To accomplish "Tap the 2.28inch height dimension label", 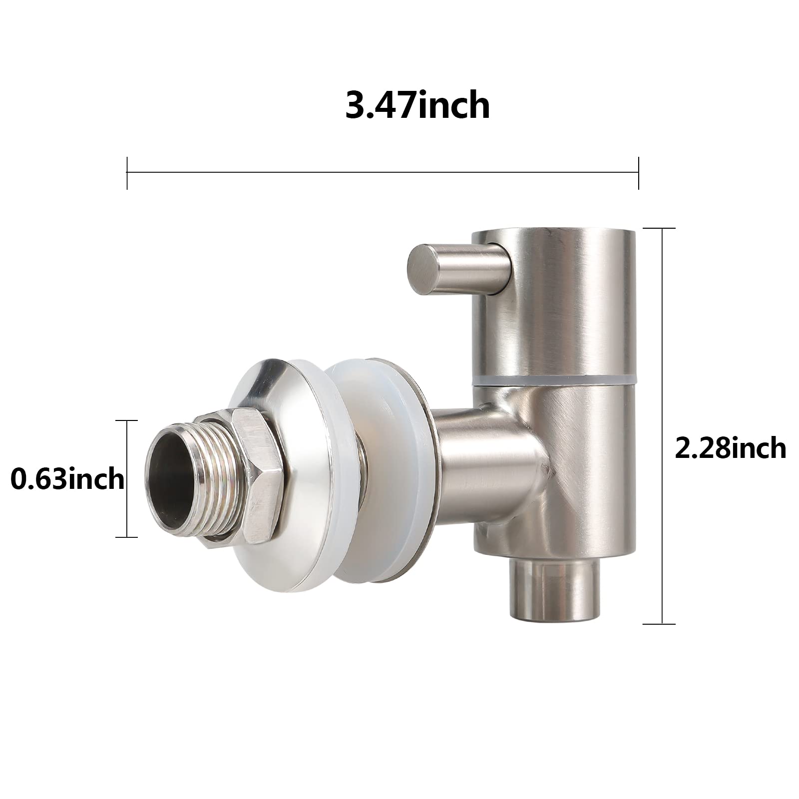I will click(730, 448).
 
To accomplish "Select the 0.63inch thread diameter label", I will click(67, 480).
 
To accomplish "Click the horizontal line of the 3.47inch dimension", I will click(383, 173).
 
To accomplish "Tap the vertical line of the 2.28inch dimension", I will click(662, 424).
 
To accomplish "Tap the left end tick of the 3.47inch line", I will click(127, 173).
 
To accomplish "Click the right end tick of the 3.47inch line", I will click(638, 173).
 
